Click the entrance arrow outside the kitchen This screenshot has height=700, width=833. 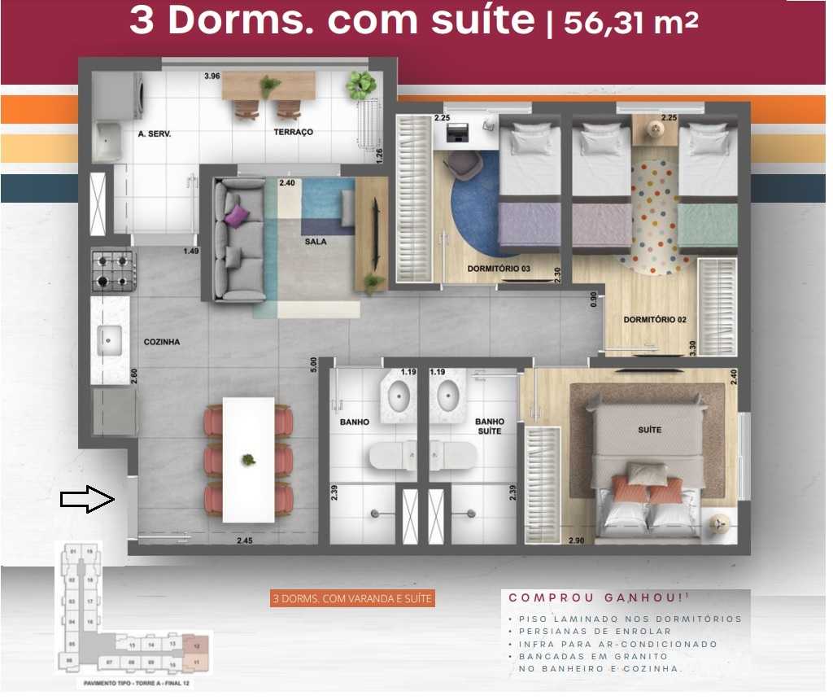88,499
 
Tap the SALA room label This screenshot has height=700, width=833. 316,242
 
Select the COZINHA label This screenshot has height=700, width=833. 162,343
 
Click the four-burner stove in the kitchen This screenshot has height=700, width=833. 113,272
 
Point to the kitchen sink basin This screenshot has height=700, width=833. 110,339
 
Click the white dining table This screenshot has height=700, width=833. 248,459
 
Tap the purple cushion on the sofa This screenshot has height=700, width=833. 236,216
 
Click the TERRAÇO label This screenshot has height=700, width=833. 293,132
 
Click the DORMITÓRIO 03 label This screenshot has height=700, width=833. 499,269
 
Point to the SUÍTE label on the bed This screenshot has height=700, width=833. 650,430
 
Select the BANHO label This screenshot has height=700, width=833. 355,422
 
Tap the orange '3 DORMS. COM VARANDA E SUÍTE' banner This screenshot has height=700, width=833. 353,599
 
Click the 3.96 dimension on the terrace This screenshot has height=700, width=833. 212,77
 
